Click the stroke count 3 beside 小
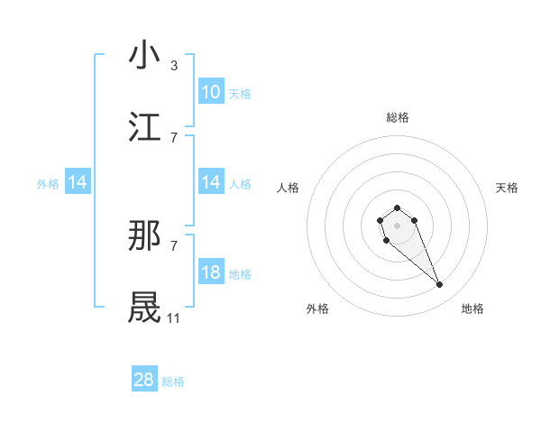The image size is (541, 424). point(174,66)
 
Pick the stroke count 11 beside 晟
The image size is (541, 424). point(174,318)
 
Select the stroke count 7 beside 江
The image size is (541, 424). point(174,138)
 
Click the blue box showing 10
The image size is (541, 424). point(211,92)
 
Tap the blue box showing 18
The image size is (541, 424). point(211,272)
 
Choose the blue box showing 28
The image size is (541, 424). point(144,380)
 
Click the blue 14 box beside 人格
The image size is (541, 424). point(211,182)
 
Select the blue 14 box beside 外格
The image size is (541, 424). point(78,182)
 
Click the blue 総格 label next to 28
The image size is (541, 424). point(173,382)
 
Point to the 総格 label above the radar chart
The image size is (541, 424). point(398,117)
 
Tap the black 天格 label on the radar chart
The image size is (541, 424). point(508,188)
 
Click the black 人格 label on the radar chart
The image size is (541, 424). point(289,188)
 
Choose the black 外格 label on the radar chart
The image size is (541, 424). point(317,309)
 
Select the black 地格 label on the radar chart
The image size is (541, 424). point(472,309)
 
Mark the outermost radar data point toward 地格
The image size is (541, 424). point(440,285)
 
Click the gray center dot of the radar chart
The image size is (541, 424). point(398,225)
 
